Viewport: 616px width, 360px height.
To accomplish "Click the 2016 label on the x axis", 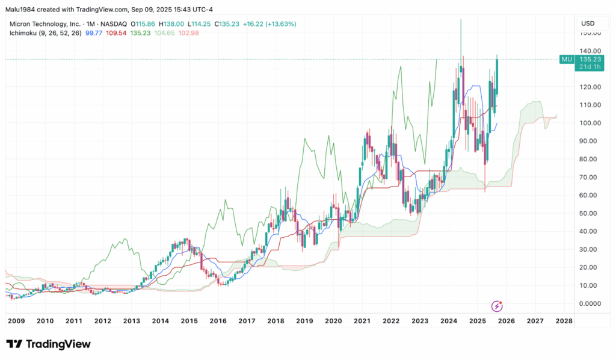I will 218,321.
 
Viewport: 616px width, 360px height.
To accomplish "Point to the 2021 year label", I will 362,321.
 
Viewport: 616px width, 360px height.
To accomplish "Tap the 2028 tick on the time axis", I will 564,321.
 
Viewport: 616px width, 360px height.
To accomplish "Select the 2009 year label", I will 17,321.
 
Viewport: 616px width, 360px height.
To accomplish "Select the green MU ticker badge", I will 566,59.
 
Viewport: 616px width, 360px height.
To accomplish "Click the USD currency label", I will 588,23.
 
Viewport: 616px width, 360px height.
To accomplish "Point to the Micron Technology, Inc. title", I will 46,23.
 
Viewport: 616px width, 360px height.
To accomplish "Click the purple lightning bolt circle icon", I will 497,306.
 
